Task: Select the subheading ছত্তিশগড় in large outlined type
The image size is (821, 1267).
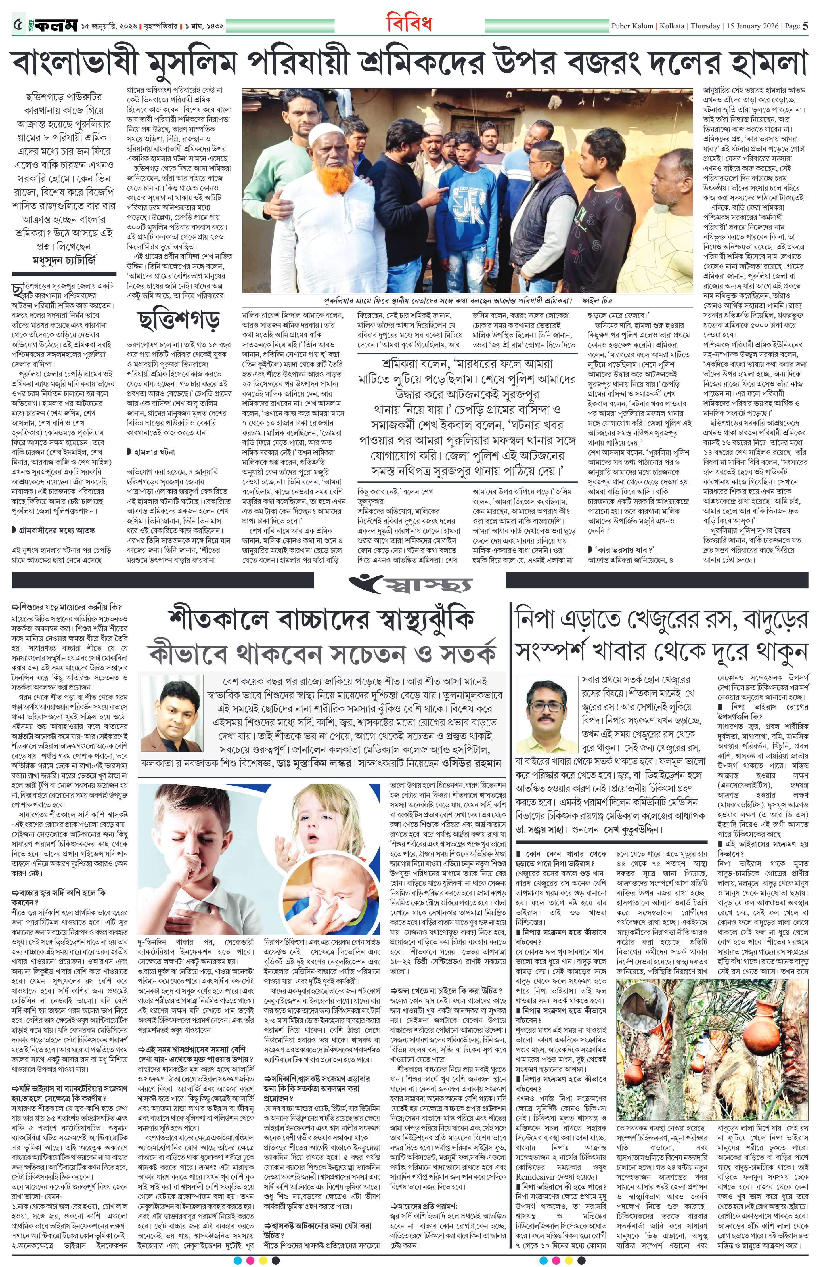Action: pos(179,319)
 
